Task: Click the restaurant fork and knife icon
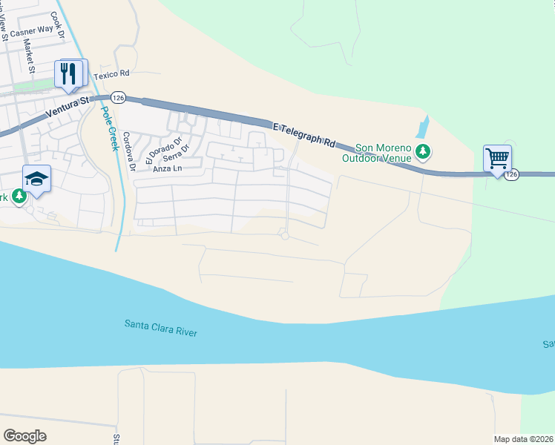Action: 70,73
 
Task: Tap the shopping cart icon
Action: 496,158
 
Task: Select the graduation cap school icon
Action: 36,179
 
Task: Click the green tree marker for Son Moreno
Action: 423,152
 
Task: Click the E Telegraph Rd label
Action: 304,134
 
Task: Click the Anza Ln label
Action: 167,169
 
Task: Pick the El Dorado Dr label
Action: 153,150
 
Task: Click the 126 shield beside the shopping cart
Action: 512,174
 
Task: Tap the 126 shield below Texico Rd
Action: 118,97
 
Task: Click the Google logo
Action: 24,436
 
